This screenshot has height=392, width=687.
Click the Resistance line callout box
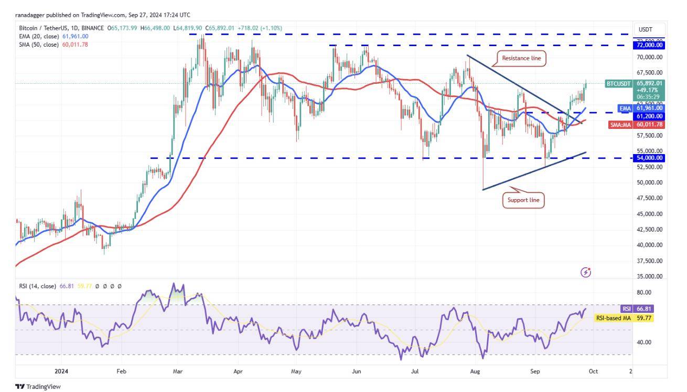click(521, 58)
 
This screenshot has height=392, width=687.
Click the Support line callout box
click(522, 200)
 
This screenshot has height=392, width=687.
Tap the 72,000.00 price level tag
click(650, 46)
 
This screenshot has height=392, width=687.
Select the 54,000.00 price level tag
click(650, 158)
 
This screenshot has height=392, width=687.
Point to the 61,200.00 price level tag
click(650, 116)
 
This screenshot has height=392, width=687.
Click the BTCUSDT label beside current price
click(619, 83)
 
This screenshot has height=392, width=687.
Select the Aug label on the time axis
click(475, 371)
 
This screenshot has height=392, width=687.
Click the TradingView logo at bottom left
click(38, 387)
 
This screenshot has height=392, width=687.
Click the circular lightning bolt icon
click(586, 272)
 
